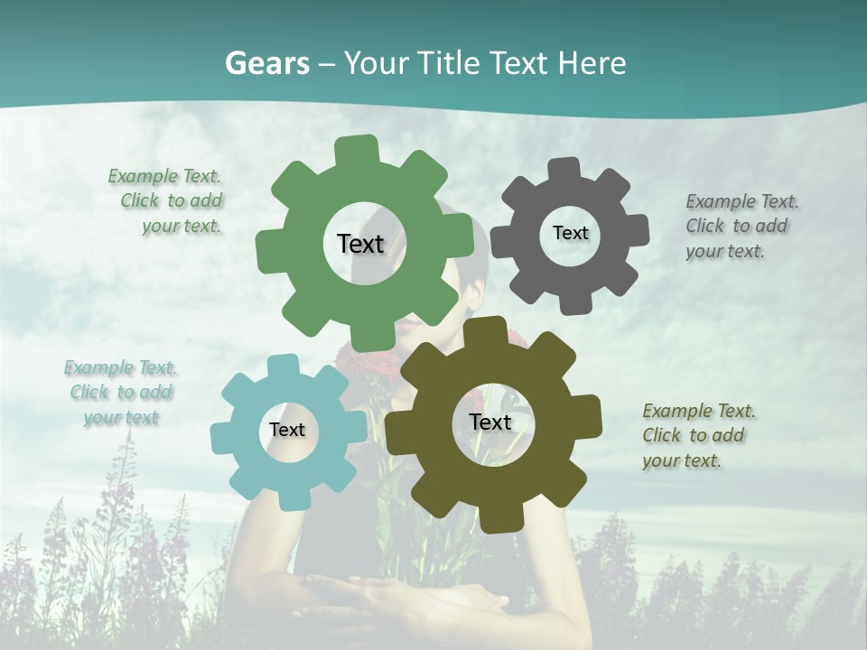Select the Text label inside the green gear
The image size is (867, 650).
360,244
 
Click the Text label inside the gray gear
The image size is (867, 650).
570,233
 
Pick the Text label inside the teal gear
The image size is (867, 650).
287,430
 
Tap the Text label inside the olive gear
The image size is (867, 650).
490,422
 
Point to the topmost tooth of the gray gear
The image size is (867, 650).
564,169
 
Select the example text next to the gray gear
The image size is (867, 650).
741,226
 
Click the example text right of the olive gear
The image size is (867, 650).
697,435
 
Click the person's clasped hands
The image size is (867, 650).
397,596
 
